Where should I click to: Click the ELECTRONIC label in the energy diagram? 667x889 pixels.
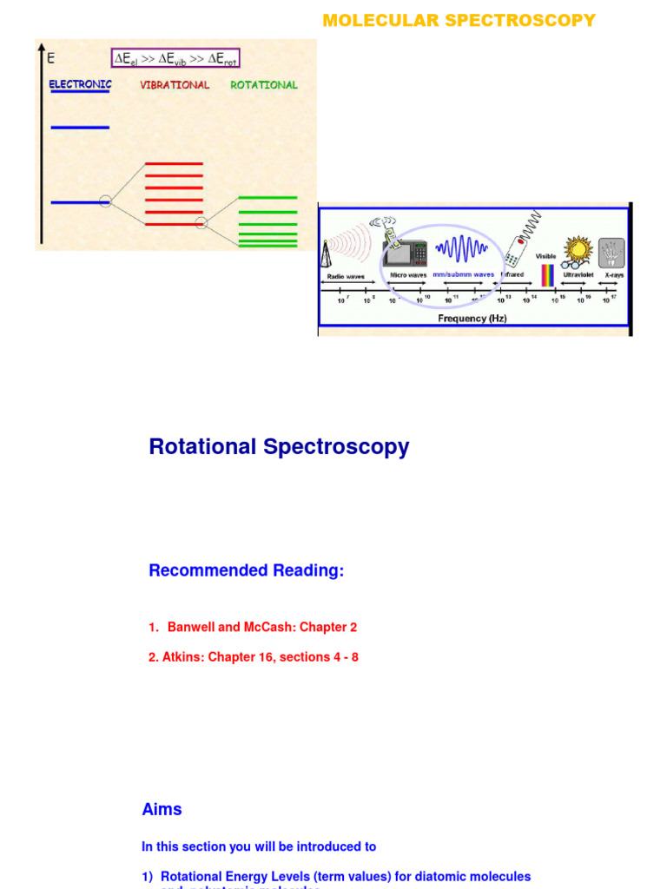point(80,85)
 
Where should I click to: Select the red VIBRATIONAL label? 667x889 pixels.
point(175,85)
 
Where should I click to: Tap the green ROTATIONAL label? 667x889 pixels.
point(264,85)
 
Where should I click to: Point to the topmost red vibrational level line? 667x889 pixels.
point(174,163)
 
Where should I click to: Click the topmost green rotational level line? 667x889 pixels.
point(267,198)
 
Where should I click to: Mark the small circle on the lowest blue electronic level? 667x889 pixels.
point(105,201)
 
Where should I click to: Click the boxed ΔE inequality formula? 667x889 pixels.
point(175,59)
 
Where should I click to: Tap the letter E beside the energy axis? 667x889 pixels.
point(50,59)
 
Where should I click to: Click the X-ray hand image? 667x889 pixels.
point(611,253)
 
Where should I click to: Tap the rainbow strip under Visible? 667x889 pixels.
point(546,275)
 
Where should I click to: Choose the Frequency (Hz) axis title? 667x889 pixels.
point(472,319)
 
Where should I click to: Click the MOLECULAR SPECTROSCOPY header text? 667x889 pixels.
point(459,20)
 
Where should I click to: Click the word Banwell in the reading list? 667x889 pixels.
point(191,627)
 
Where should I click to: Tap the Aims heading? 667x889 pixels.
point(162,809)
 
